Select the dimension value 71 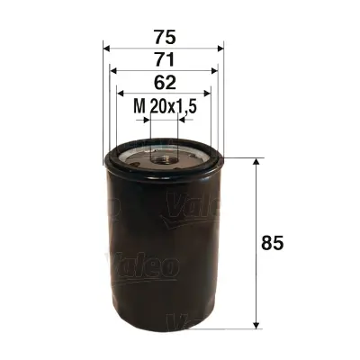coord(163,60)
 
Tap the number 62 coord(163,84)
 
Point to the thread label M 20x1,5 coord(162,108)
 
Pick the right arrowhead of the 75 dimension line coord(220,48)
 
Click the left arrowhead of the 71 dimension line coord(112,71)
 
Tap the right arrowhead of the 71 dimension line coord(215,71)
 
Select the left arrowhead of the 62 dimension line coord(121,94)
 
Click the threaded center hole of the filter coord(164,157)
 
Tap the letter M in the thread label coord(139,108)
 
